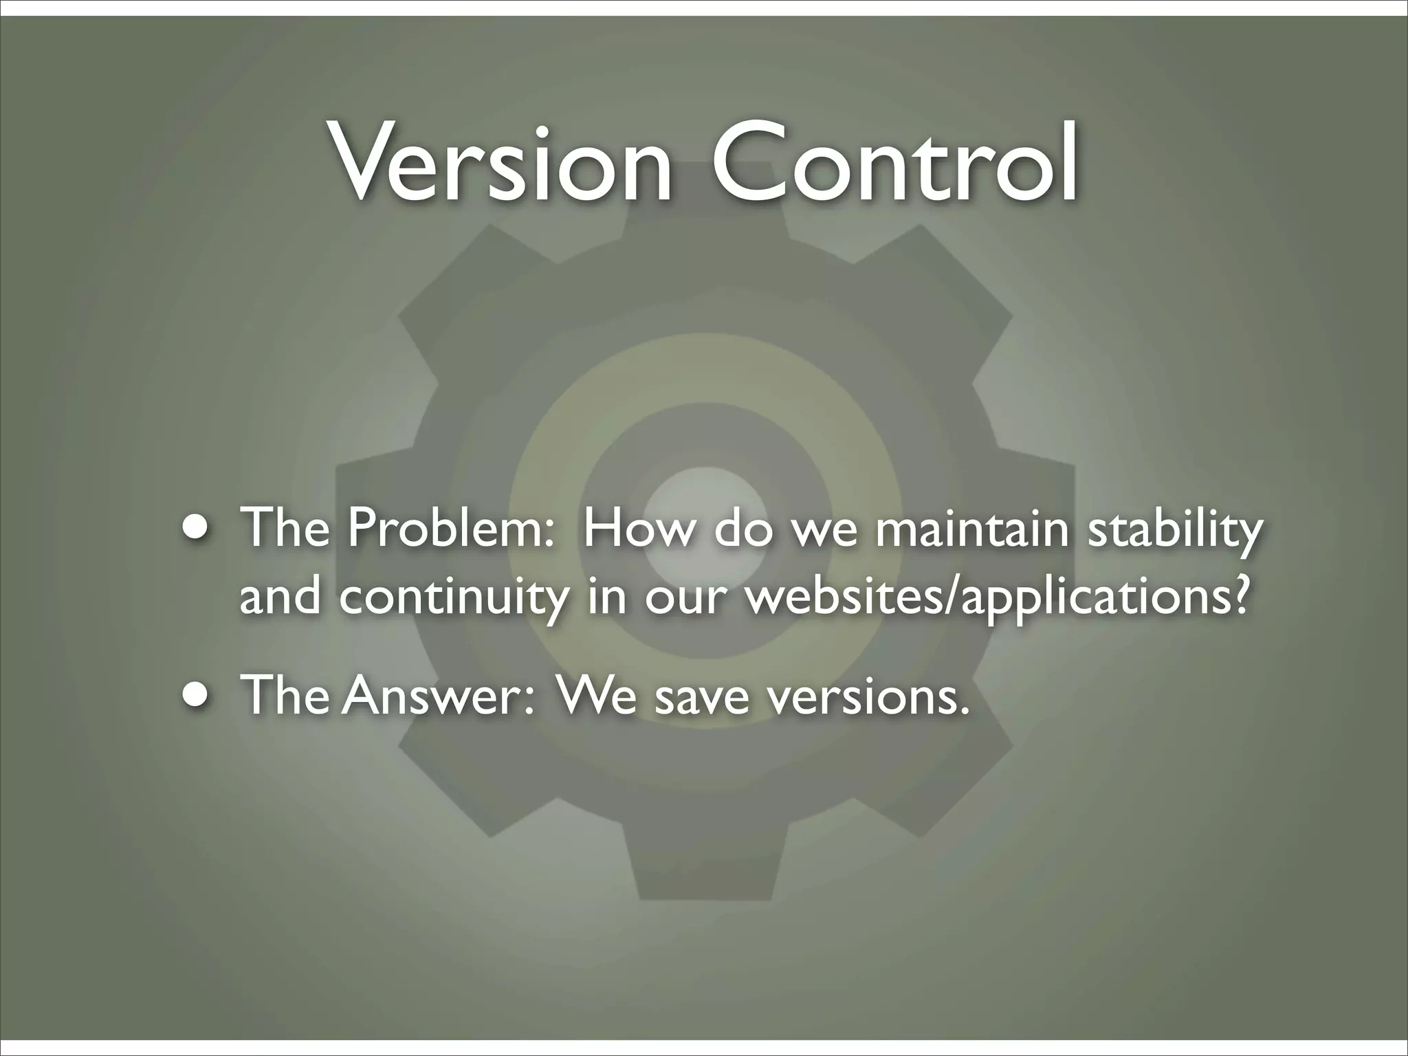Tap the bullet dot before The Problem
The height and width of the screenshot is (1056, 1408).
tap(198, 530)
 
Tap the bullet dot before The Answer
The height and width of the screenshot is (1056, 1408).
tap(198, 695)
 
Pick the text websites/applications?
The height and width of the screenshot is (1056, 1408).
tap(997, 597)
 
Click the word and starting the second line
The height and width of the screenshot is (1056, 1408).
tap(280, 595)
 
